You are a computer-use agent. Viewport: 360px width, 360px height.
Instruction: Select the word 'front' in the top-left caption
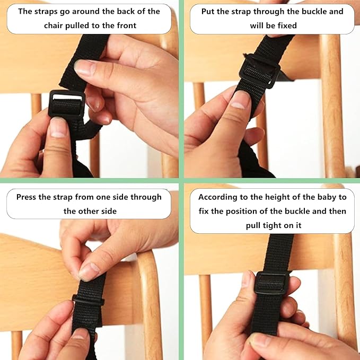[x=127, y=25]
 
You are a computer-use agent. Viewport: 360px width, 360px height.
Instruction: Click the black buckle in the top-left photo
[x=67, y=104]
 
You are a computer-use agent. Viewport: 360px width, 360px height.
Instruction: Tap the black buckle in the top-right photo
[x=259, y=72]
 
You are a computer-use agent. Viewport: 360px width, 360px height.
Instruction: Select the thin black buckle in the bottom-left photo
[x=88, y=300]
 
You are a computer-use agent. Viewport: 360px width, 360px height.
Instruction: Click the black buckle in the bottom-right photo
[x=271, y=283]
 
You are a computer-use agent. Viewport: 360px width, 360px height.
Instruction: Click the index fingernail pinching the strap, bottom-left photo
[x=89, y=271]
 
